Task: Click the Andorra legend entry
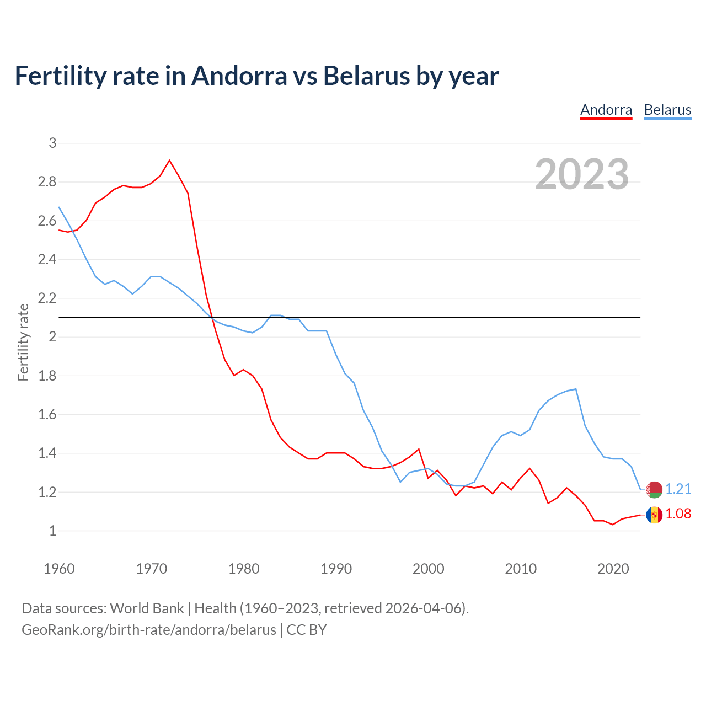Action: (606, 110)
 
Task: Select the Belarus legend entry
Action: (667, 110)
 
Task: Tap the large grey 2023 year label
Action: (582, 174)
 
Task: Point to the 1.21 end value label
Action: (678, 489)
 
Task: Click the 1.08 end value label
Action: (678, 514)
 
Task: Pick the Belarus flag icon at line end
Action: (654, 489)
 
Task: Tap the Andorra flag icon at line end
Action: (654, 515)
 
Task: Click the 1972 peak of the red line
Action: (169, 161)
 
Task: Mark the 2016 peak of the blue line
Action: (576, 389)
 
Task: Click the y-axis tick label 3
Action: (53, 143)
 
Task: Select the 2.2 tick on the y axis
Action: (47, 298)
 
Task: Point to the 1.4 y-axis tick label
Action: (47, 453)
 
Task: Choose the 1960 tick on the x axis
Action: (59, 569)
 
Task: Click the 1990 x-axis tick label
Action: (336, 569)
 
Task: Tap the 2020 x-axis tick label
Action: (613, 569)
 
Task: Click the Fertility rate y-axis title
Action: (23, 342)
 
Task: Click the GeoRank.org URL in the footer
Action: (149, 630)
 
